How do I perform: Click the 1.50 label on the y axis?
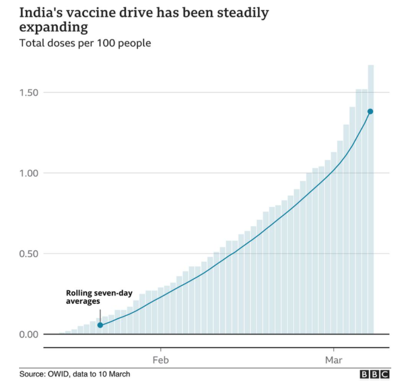pos(28,92)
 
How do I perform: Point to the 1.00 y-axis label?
pos(28,173)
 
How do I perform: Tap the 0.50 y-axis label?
pos(28,254)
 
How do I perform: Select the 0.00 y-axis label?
pos(28,334)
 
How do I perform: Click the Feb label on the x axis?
pos(161,361)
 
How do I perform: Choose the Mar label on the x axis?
pos(334,361)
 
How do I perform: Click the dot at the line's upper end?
pos(370,112)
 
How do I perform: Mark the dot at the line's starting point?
pos(100,325)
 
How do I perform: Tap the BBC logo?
pos(375,374)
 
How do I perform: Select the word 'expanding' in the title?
pos(54,27)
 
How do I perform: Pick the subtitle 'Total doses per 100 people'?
pos(85,44)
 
